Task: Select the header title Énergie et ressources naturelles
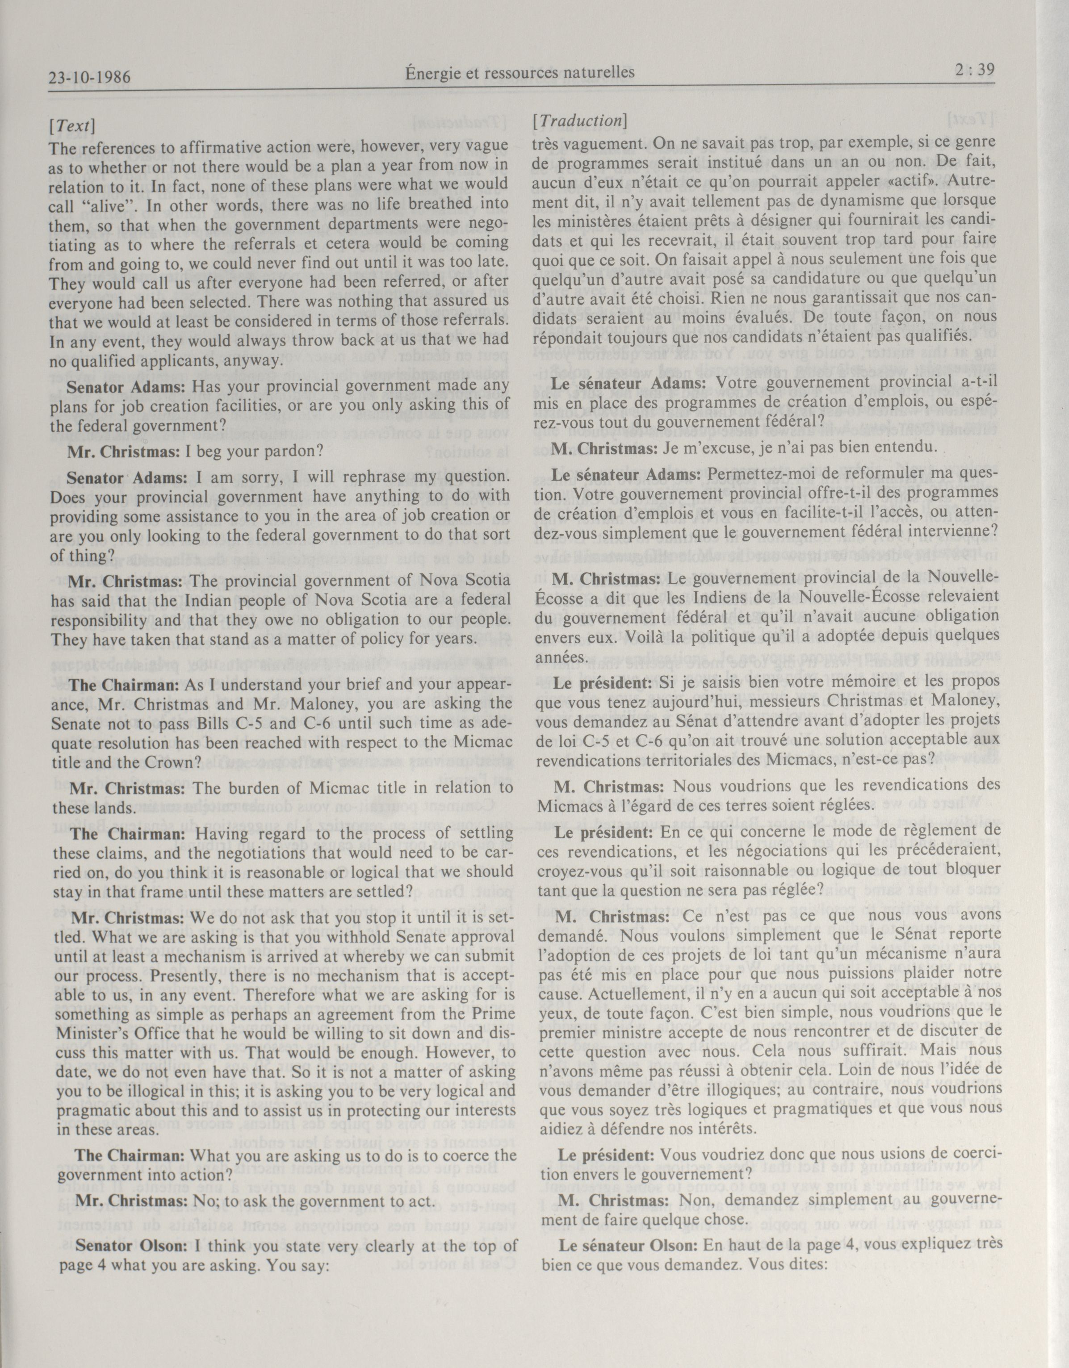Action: point(520,73)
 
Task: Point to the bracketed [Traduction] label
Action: point(579,120)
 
